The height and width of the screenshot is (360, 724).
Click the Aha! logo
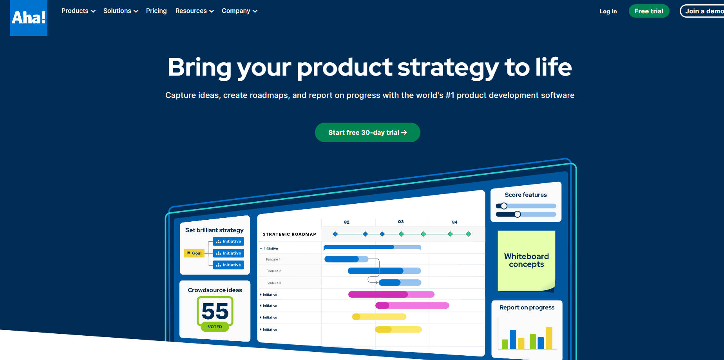29,18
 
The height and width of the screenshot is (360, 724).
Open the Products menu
78,11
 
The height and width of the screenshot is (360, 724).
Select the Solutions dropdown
121,11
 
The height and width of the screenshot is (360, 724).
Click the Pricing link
156,11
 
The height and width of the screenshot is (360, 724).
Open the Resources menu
195,11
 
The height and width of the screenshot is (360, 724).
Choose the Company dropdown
239,11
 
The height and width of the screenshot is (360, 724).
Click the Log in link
608,11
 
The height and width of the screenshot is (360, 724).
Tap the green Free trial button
649,11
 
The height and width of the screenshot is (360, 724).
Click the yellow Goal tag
194,253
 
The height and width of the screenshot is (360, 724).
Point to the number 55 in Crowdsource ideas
215,311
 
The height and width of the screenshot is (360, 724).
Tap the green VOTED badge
215,327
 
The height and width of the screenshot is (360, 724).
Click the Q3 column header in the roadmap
401,222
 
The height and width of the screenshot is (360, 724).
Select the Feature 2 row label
273,271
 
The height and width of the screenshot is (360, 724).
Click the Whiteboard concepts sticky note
526,261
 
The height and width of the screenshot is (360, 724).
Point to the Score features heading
526,195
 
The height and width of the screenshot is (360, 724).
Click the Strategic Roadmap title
289,234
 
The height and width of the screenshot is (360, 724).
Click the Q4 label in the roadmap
454,222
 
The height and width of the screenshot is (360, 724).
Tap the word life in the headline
554,67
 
